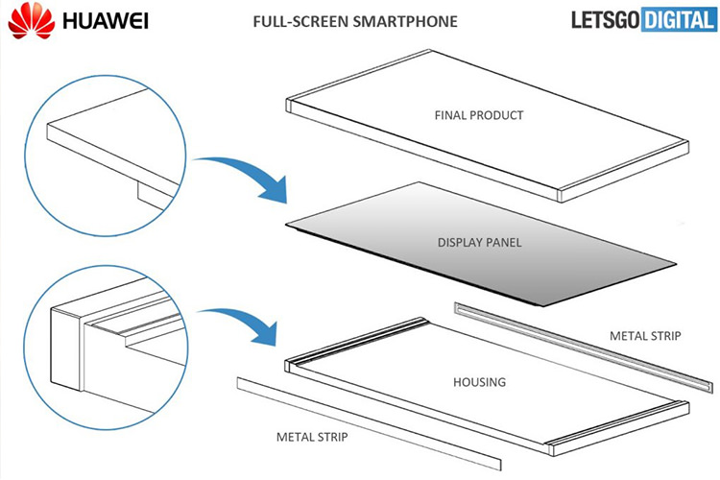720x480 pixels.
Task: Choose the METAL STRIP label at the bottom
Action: coord(311,438)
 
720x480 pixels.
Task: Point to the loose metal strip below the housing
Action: coord(369,417)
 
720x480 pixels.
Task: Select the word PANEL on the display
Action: coord(504,242)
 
